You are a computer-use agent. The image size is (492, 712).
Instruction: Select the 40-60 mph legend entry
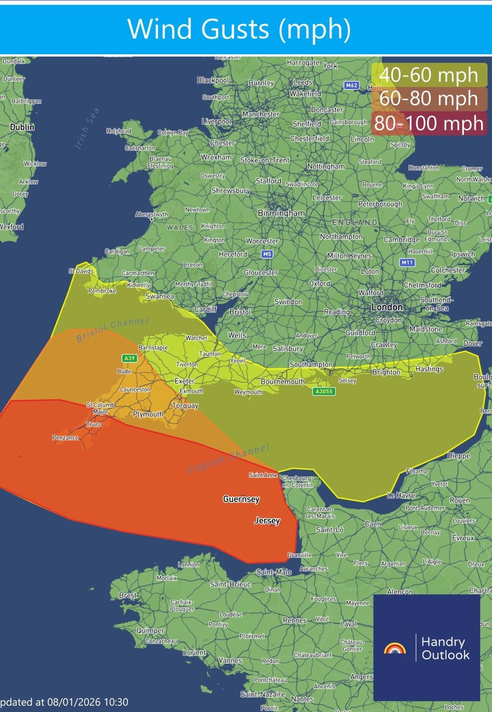click(x=429, y=75)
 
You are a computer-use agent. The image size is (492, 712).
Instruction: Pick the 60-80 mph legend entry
click(x=429, y=98)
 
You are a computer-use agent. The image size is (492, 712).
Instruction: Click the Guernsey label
click(x=241, y=499)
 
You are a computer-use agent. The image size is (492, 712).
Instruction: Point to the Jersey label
click(x=267, y=521)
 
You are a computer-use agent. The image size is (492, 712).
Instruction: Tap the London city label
click(x=387, y=307)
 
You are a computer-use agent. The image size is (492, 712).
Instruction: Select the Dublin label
click(x=23, y=127)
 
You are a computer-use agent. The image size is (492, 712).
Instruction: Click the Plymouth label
click(x=148, y=414)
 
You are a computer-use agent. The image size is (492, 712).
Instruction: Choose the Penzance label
click(x=65, y=437)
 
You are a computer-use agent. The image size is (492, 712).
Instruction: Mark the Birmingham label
click(x=281, y=213)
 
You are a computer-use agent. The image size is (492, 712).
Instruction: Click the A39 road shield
click(x=130, y=358)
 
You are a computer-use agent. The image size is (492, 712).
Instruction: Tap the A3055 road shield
click(x=324, y=391)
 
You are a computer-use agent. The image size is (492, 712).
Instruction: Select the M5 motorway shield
click(x=267, y=254)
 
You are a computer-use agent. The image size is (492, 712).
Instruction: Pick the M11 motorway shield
click(x=407, y=262)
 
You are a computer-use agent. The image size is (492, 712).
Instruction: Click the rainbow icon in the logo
click(x=395, y=649)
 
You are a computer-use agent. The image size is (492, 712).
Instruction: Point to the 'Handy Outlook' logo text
click(x=445, y=648)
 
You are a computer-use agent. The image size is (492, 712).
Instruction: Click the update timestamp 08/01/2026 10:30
click(x=65, y=702)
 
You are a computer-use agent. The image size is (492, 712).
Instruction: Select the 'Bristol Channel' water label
click(x=112, y=330)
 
